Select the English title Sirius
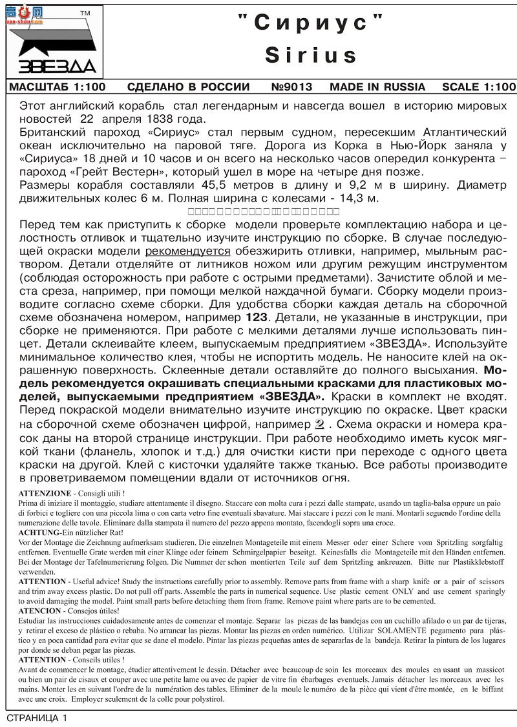tap(311, 55)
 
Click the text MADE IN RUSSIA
tap(377, 87)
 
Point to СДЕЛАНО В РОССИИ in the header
tap(188, 87)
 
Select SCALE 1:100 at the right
tap(479, 87)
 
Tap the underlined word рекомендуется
tap(187, 251)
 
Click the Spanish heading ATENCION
tap(41, 610)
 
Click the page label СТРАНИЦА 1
tap(37, 718)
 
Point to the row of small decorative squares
tap(263, 211)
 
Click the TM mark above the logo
tap(85, 13)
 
